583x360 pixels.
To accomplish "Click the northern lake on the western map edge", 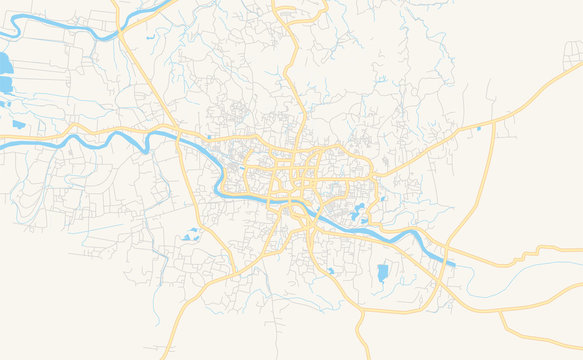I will click(x=4, y=66).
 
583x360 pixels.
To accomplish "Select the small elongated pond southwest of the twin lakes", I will click(x=18, y=124).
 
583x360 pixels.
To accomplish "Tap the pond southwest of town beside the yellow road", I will click(x=191, y=236).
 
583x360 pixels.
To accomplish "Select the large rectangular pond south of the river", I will click(x=382, y=272).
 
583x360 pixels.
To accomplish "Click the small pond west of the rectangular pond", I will click(x=331, y=270).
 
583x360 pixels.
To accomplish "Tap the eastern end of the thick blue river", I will click(x=452, y=264).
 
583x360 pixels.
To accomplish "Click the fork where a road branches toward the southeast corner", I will click(x=500, y=310).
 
